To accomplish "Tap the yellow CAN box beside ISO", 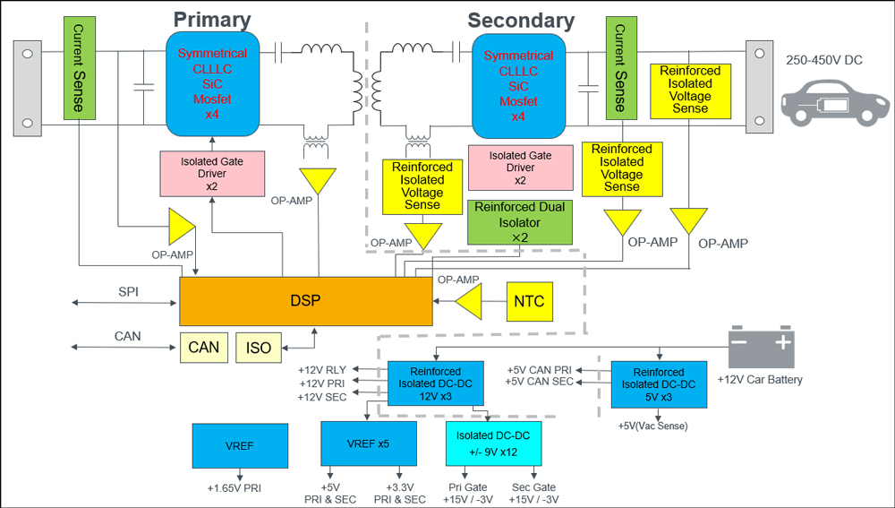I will [204, 348].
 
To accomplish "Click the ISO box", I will [259, 348].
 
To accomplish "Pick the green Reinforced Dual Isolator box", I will [520, 222].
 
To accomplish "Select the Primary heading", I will [212, 20].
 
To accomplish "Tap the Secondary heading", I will [521, 20].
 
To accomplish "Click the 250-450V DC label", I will [823, 60].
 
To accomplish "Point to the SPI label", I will [129, 292].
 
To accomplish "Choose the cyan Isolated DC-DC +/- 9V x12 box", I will [493, 443].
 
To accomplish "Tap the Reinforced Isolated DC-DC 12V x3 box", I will [435, 383].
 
